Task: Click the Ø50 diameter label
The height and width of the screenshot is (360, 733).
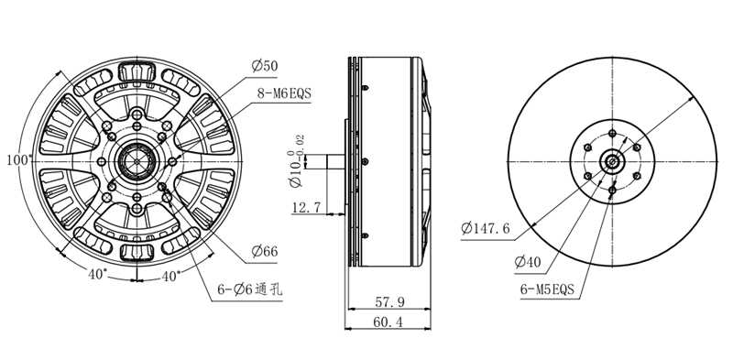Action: [265, 66]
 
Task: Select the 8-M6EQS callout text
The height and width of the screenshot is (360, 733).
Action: [284, 93]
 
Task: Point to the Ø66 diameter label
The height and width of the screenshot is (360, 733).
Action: [265, 252]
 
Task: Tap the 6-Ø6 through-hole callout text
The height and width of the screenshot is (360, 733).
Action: [249, 289]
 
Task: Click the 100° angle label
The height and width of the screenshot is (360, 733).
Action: [19, 160]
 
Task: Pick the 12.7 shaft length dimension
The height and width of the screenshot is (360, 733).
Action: [307, 207]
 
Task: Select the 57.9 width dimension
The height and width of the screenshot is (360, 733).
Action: [389, 302]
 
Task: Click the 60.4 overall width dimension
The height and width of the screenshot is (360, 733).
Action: [388, 322]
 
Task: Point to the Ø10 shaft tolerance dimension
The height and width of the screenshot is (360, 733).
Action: [297, 161]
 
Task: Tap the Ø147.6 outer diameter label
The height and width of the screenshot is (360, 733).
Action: [486, 229]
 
